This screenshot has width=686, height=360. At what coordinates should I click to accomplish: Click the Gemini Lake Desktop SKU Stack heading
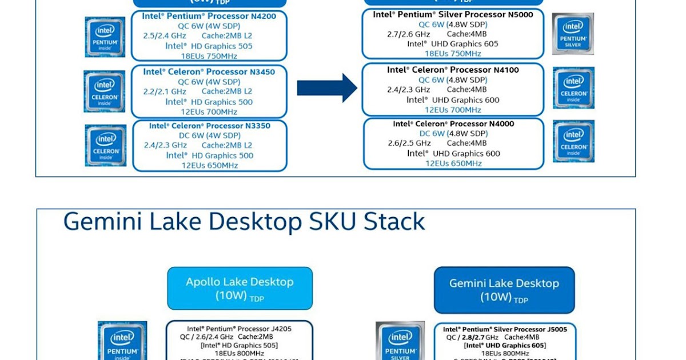click(244, 222)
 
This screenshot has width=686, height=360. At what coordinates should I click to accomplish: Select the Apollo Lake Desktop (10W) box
click(240, 289)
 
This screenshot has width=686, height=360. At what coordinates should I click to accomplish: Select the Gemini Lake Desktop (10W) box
click(504, 289)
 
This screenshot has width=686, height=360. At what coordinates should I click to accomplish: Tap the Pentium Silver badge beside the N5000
click(573, 34)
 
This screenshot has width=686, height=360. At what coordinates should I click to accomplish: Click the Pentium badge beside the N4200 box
click(105, 37)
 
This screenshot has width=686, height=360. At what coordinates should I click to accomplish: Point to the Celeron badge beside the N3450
click(104, 91)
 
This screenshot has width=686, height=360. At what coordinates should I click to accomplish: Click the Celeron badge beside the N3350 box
click(105, 146)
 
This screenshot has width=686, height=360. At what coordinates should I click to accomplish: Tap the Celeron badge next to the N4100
click(573, 87)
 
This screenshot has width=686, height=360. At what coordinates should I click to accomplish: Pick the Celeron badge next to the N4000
click(573, 141)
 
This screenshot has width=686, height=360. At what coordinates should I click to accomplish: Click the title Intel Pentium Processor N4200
click(209, 16)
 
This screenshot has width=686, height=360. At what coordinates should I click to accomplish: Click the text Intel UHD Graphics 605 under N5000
click(453, 43)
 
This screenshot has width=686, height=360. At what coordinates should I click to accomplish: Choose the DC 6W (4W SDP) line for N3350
click(209, 135)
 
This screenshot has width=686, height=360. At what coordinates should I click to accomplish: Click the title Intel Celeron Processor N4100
click(453, 70)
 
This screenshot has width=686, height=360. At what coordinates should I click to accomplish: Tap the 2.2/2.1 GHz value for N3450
click(165, 91)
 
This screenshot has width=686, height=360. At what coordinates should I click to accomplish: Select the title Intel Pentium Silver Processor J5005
click(505, 329)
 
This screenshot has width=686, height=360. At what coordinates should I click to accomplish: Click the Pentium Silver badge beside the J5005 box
click(400, 341)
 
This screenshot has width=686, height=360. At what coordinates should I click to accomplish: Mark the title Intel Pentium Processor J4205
click(239, 329)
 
